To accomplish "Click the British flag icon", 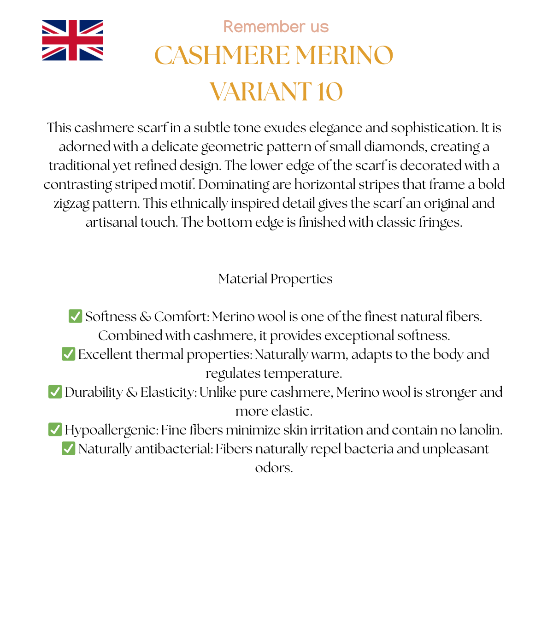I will (72, 40).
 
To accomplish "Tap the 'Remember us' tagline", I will (276, 27).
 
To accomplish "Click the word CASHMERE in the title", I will (222, 56).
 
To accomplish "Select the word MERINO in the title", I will (344, 56).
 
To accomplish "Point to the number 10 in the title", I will (329, 92).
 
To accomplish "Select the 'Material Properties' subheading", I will (276, 279).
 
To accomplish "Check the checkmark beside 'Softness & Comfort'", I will (75, 316).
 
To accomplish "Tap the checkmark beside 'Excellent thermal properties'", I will (68, 354).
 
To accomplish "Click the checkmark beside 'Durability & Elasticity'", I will (55, 392).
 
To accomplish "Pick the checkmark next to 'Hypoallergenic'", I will (55, 429).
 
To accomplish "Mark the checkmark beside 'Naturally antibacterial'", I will (68, 448).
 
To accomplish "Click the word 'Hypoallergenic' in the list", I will (111, 430).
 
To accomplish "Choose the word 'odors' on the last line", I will (274, 468).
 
